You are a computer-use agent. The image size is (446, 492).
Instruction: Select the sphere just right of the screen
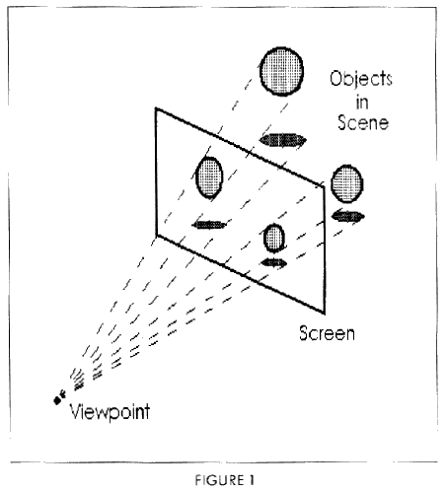pos(348,182)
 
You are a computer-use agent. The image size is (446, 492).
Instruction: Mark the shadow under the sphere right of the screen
pos(348,215)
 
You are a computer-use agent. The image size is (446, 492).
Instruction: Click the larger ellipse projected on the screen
pos(209,178)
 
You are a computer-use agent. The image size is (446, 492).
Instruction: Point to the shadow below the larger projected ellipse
pos(209,224)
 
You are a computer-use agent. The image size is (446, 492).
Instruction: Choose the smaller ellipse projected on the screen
pos(274,237)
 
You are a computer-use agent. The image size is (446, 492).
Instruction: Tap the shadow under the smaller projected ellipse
pos(273,262)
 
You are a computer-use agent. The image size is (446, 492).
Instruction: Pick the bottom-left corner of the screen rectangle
pos(155,234)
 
